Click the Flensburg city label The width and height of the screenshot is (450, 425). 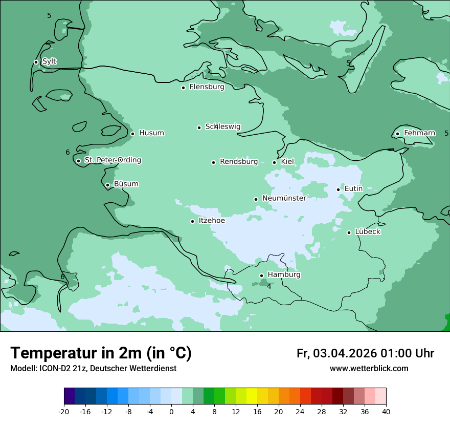click(x=207, y=87)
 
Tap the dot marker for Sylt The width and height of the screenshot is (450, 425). click(x=36, y=62)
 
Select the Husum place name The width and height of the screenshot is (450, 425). click(x=151, y=133)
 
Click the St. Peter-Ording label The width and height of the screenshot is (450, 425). click(x=112, y=160)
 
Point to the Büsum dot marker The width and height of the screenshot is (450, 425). click(x=107, y=185)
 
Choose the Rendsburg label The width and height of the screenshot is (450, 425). click(x=239, y=162)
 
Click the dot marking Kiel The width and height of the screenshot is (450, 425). click(x=275, y=162)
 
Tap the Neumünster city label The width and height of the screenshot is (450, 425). click(x=284, y=198)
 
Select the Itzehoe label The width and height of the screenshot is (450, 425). click(x=212, y=221)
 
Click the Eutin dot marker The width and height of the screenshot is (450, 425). click(x=338, y=189)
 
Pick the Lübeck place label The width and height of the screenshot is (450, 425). click(x=368, y=232)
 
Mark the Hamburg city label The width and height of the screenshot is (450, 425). click(x=284, y=275)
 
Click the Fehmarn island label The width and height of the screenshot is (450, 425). click(x=419, y=133)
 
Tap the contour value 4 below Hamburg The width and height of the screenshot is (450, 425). click(x=269, y=286)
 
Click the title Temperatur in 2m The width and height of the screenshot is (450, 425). click(x=101, y=353)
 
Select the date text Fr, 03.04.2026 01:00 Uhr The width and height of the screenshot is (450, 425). click(x=365, y=353)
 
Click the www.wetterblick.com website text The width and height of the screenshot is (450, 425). click(x=369, y=369)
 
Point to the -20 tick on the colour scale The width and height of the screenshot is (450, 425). click(x=64, y=412)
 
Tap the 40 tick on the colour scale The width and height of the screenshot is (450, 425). click(x=386, y=412)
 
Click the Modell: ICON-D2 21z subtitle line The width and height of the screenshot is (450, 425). click(x=93, y=369)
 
